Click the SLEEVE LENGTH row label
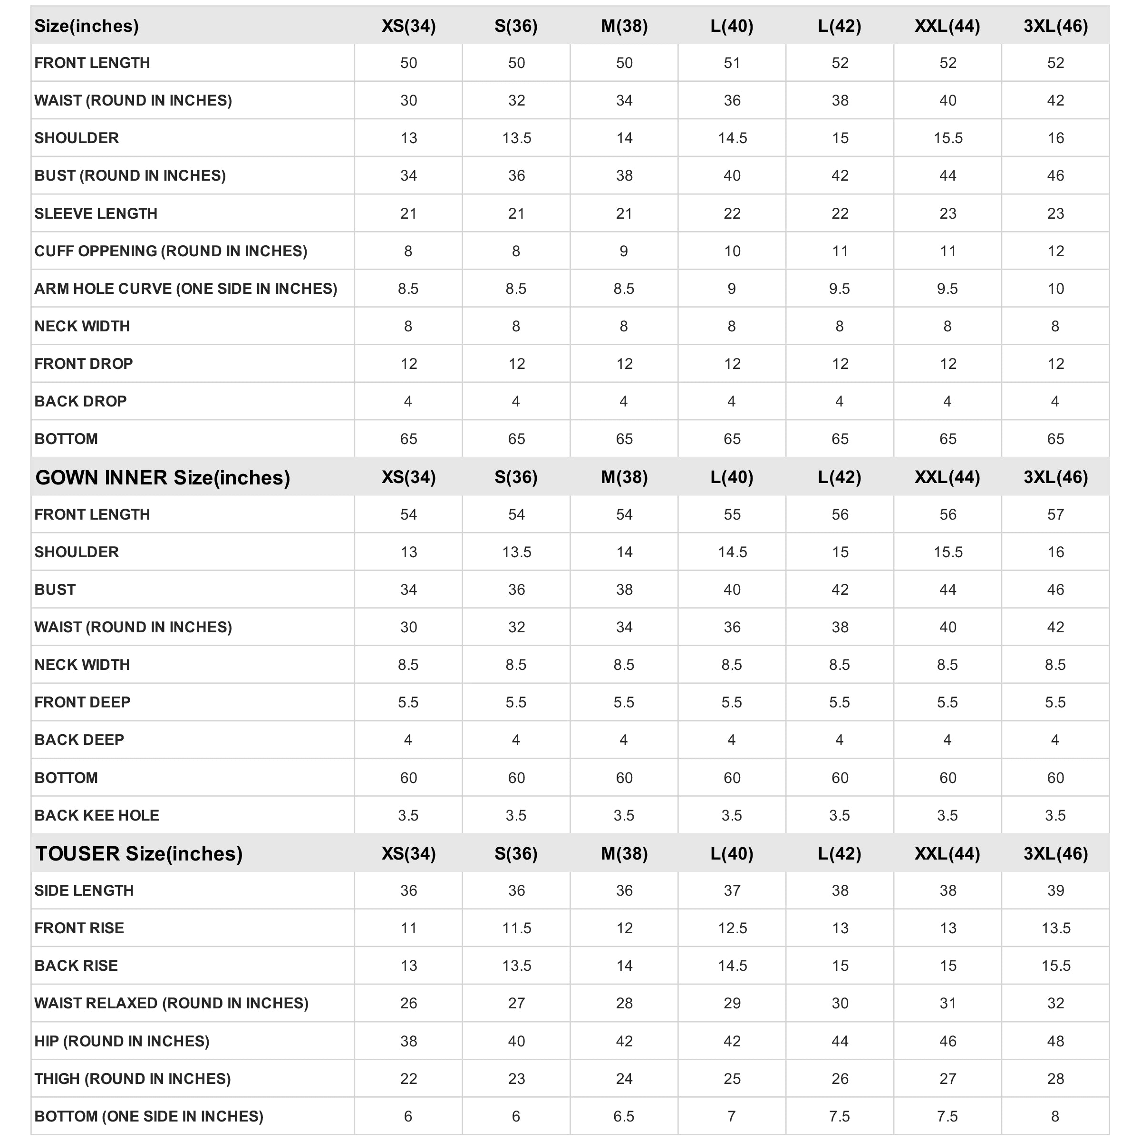(96, 213)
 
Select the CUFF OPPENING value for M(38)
(624, 251)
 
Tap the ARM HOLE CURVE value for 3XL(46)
(1055, 289)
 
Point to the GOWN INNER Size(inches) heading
(163, 477)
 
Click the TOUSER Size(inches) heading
(139, 853)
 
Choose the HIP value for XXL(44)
(948, 1041)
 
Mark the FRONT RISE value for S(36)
(516, 928)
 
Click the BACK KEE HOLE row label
(97, 815)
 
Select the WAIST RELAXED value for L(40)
(732, 1003)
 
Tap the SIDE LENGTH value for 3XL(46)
(1055, 890)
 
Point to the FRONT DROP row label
(83, 364)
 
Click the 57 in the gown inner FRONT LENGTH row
(1055, 514)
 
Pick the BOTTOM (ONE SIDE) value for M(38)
(624, 1116)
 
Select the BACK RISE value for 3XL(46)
(1055, 966)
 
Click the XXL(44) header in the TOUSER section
(948, 853)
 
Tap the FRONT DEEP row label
(82, 702)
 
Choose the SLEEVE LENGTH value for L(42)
(840, 213)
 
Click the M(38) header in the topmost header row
(624, 26)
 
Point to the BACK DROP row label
(80, 401)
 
